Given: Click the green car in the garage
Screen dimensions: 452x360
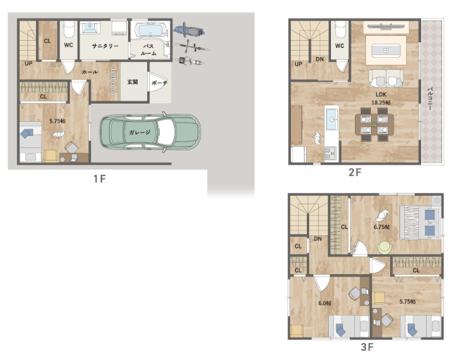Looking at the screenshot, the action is (x=150, y=132).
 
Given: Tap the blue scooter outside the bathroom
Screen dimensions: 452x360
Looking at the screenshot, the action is (x=189, y=30).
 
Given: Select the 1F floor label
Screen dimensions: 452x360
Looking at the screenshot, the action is (x=100, y=179).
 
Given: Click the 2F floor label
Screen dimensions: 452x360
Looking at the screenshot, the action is (x=355, y=172).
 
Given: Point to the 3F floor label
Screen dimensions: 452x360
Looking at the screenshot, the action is (x=368, y=347).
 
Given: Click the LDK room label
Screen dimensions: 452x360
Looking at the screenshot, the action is (x=381, y=94).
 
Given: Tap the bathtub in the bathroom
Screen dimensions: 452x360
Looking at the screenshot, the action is (x=150, y=30).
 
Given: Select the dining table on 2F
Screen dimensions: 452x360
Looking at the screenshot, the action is (x=375, y=125).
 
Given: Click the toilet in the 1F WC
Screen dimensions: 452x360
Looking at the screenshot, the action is (x=68, y=30).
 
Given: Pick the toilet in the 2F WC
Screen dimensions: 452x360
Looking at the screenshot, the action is (x=340, y=30).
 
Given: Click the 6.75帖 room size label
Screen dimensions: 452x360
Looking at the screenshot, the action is (x=382, y=227).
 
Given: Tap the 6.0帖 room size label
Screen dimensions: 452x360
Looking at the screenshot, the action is (x=325, y=303).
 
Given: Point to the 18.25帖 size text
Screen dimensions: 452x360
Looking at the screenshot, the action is (x=381, y=102).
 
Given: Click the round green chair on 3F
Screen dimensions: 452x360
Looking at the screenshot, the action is (x=384, y=248).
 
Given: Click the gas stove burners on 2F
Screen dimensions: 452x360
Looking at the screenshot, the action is (x=330, y=153).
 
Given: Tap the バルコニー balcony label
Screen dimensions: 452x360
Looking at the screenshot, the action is (x=429, y=99).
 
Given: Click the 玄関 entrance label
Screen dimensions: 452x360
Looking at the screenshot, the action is (x=132, y=82).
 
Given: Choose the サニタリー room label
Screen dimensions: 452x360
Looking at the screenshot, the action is (x=105, y=46).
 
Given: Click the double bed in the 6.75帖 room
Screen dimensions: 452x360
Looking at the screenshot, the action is (x=420, y=223).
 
